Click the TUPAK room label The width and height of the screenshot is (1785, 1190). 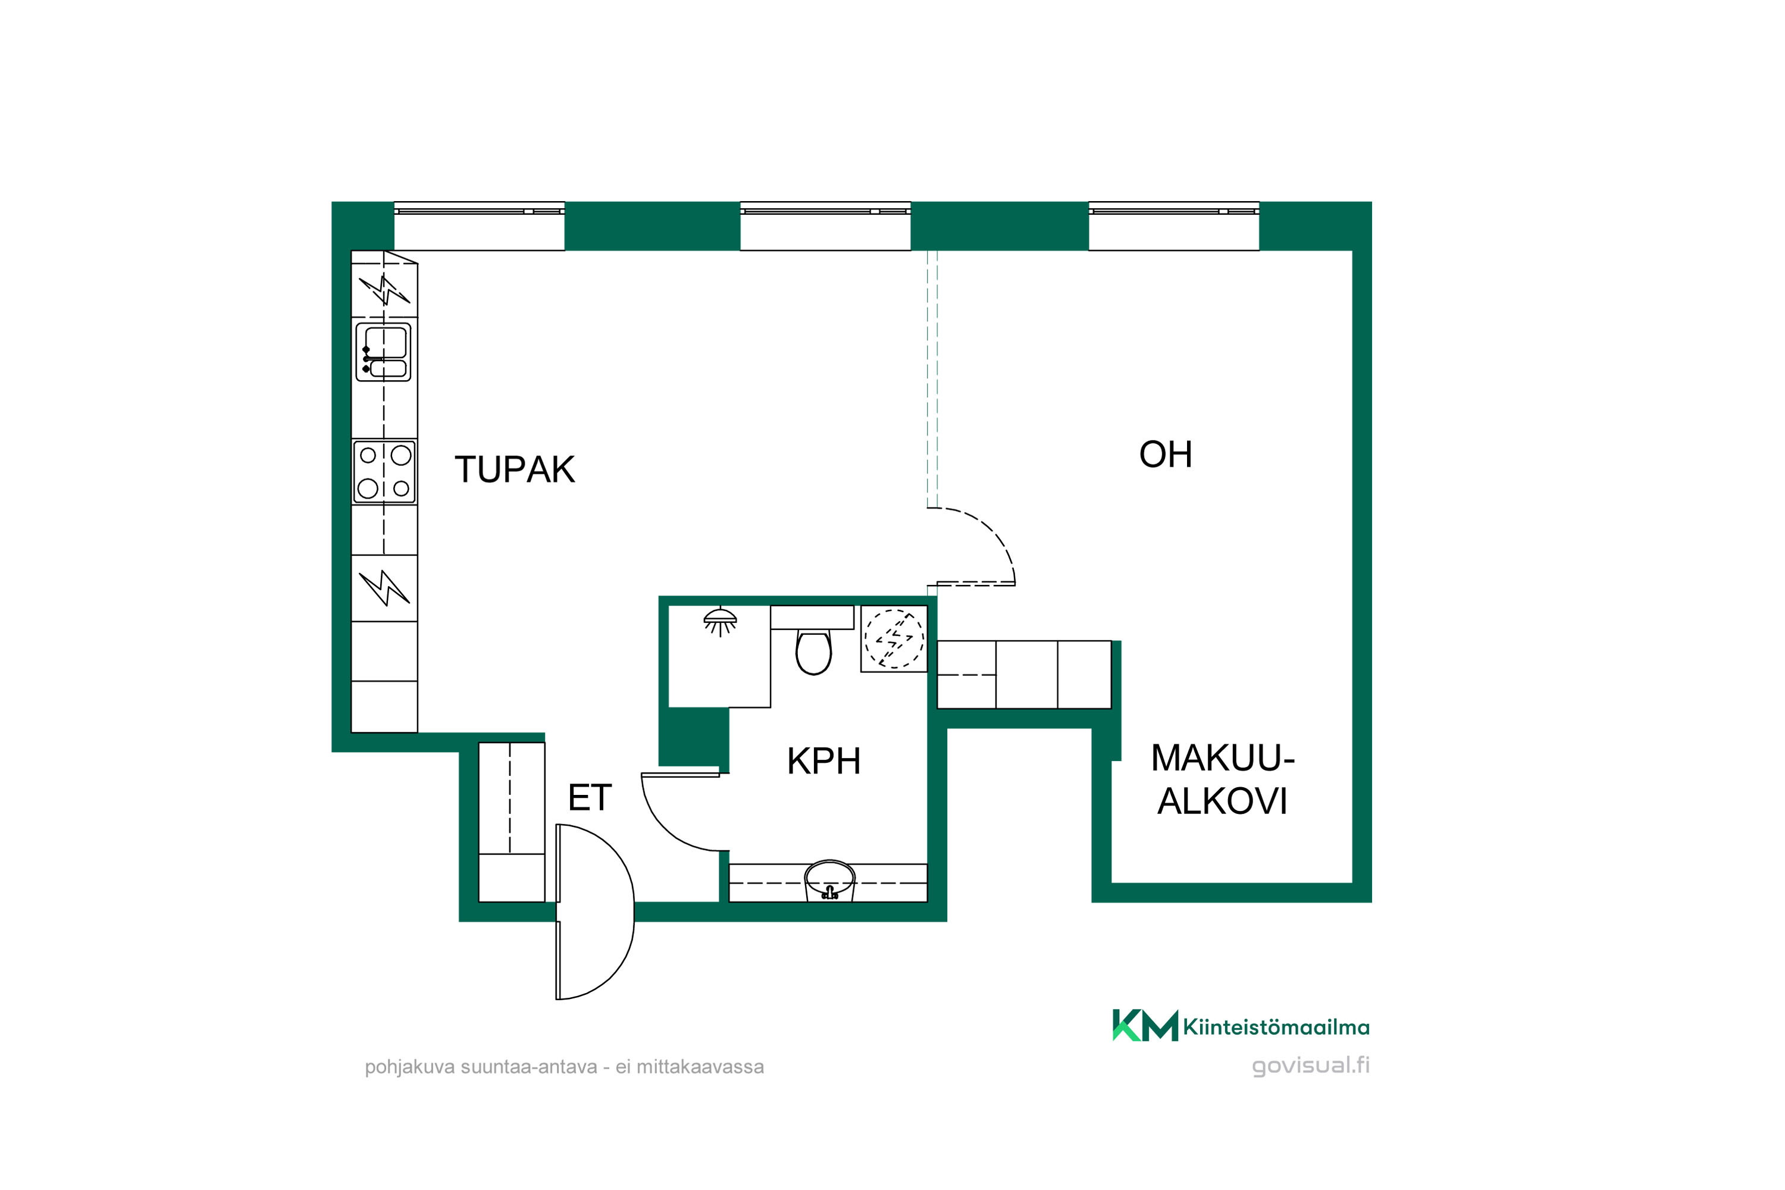tap(515, 470)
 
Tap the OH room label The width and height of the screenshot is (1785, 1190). tap(1166, 455)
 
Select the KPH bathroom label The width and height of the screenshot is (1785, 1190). tap(823, 761)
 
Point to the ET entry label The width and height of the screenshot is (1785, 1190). tap(590, 798)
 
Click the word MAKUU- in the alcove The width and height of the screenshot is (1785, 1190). tap(1223, 758)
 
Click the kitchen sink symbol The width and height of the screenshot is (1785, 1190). tap(383, 352)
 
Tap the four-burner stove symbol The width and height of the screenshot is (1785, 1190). tap(384, 471)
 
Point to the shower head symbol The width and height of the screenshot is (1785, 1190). tap(720, 621)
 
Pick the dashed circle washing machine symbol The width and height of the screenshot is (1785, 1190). tap(894, 638)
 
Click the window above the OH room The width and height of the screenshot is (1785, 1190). tap(1174, 226)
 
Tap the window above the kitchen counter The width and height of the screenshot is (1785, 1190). tap(479, 226)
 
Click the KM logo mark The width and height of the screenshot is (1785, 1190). tap(1145, 1025)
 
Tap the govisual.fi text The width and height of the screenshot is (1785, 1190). tap(1311, 1066)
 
